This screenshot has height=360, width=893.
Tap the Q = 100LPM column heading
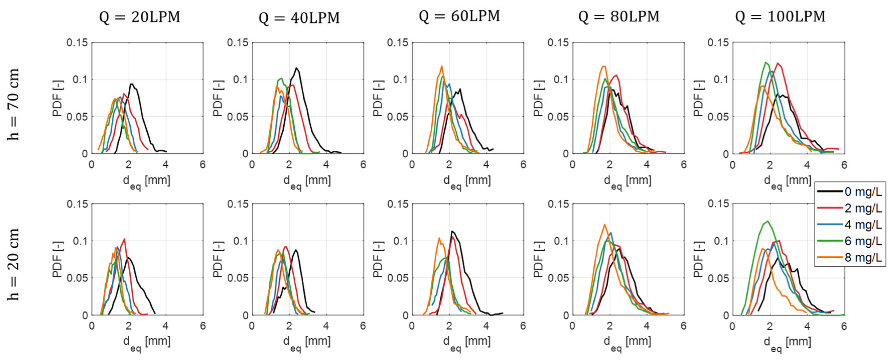(x=780, y=17)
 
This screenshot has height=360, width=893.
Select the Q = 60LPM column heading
(x=459, y=16)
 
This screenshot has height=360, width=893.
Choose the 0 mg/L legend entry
(x=863, y=192)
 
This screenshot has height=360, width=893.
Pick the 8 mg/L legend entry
(x=863, y=258)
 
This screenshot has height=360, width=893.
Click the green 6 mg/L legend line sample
(x=830, y=241)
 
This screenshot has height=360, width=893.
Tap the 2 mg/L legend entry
(x=863, y=208)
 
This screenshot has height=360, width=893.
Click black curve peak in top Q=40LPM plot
(x=297, y=68)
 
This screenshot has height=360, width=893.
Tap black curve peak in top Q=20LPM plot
(x=131, y=84)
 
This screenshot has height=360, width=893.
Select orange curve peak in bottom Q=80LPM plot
(x=605, y=224)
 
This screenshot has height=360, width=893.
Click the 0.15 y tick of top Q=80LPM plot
(x=558, y=43)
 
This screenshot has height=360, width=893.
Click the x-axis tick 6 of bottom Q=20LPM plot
(x=203, y=326)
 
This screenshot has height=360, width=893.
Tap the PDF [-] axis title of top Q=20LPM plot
(x=58, y=98)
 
